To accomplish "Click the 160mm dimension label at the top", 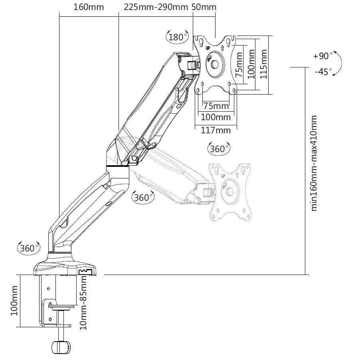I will tap(88, 7).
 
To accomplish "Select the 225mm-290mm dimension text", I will tap(156, 7).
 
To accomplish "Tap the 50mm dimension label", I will tap(204, 7).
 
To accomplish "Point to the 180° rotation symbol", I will tap(176, 37).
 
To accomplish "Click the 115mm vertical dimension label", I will tap(263, 64).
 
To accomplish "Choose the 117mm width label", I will tap(216, 130).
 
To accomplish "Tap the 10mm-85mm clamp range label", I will tap(83, 303).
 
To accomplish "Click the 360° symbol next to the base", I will tap(28, 248).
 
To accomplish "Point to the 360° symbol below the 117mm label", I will tap(218, 149).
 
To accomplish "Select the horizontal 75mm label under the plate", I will tap(216, 106).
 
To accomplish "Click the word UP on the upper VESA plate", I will tap(208, 48).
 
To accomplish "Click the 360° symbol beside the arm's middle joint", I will tap(143, 197).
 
